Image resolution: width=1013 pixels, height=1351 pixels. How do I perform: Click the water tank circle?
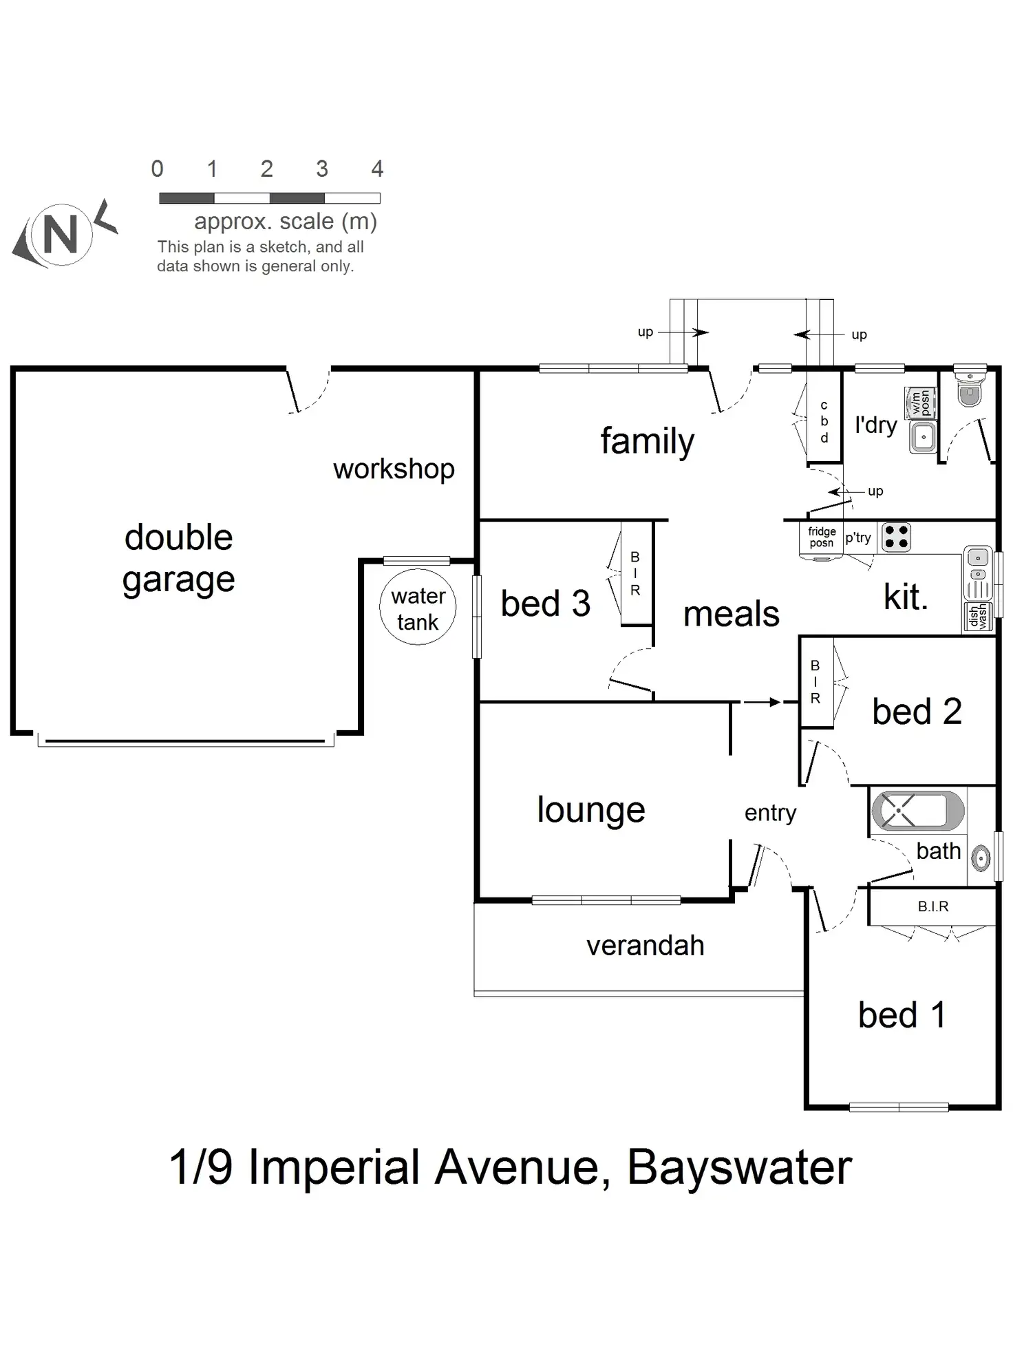[x=418, y=607]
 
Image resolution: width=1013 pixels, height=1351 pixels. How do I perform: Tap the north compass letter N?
[x=61, y=235]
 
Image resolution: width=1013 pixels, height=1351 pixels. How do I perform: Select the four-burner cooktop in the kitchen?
[x=896, y=537]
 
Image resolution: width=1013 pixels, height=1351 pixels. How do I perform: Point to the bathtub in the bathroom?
[x=917, y=810]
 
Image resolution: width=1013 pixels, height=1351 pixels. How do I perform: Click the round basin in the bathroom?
[x=981, y=858]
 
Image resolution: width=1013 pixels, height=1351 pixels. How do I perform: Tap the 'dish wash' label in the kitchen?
[x=977, y=615]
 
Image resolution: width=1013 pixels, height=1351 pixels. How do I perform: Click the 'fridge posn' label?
[x=822, y=537]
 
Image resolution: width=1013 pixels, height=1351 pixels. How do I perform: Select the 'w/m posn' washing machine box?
[x=921, y=402]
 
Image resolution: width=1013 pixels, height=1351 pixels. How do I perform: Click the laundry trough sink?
[x=923, y=436]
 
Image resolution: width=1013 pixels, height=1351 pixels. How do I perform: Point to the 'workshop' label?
[x=394, y=469]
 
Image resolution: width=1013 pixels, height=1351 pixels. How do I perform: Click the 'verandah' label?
[x=645, y=946]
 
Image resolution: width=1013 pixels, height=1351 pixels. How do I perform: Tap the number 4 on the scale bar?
[x=377, y=169]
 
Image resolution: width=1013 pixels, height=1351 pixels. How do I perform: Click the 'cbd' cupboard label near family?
[x=824, y=421]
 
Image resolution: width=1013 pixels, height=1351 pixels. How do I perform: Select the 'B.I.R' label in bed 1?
[x=932, y=906]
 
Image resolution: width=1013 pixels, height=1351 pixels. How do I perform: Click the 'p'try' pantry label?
[x=858, y=538]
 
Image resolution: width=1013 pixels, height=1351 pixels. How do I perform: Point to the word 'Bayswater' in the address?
[x=739, y=1167]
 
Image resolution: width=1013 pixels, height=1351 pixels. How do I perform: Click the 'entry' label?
[x=770, y=813]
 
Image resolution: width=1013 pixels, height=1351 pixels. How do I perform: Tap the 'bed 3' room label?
[x=545, y=604]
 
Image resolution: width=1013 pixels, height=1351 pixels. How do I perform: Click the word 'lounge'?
[x=591, y=810]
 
